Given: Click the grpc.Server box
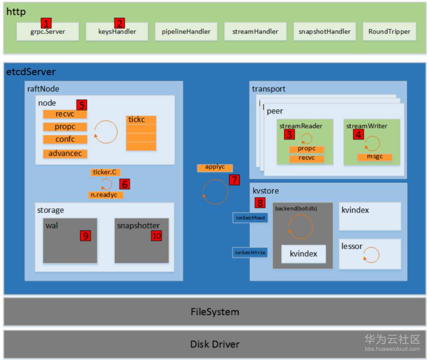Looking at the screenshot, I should coord(48,32).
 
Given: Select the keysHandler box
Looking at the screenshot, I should coord(117,32).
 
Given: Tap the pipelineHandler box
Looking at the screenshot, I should coord(186,32).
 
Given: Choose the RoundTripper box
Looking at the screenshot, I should coord(389,32).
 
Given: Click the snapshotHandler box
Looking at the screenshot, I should coord(324,32).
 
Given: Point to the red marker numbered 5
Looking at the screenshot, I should coord(81,105).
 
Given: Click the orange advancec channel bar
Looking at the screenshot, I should coord(65,154).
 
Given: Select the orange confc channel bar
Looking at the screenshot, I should coord(65,139).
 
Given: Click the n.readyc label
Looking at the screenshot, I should coord(106,195).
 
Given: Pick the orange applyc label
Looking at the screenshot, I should coord(215,167).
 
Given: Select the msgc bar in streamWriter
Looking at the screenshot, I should coord(374,157).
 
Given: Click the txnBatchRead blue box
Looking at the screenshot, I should coord(250,218).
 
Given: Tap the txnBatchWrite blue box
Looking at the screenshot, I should coord(250,253).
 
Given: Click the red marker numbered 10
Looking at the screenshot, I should coord(156,236).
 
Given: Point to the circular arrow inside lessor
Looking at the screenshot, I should coord(371,255).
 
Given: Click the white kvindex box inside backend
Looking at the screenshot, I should coord(304,254).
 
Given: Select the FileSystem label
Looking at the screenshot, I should coord(215,312).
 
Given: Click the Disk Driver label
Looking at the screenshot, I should coord(215,344).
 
